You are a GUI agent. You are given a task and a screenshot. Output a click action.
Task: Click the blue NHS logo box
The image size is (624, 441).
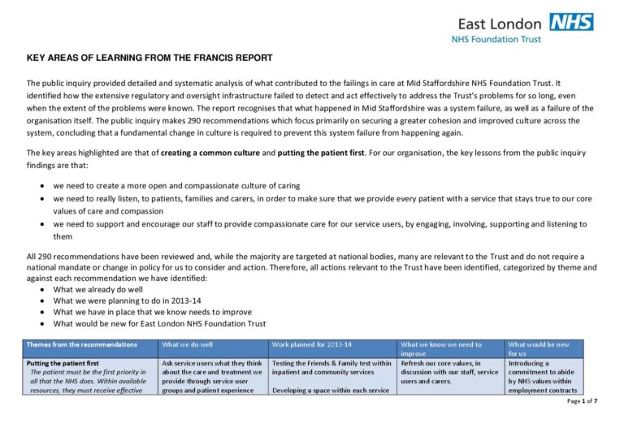point(571,22)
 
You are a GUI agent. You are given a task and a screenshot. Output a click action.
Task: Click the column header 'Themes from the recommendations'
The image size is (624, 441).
point(79,344)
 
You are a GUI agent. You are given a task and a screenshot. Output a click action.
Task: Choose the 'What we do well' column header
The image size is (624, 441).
point(190,344)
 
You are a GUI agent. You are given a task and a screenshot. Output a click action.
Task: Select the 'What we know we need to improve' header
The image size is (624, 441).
point(441,349)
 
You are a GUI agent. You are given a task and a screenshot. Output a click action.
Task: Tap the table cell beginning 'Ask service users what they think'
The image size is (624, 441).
point(212,377)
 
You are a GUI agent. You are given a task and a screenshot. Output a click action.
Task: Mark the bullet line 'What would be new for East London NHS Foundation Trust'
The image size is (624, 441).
point(159,323)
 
